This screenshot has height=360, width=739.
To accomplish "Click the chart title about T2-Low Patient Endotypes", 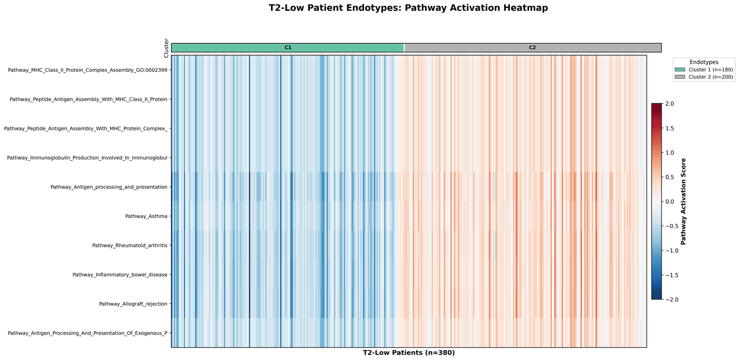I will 408,8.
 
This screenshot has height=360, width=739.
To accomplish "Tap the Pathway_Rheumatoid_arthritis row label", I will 130,245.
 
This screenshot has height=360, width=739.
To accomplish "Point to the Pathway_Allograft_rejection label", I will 133,304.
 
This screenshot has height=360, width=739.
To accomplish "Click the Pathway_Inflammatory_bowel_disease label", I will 120,274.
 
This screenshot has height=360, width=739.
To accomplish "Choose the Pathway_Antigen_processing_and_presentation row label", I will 109,187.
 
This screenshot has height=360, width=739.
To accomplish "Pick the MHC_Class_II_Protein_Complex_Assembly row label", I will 88,70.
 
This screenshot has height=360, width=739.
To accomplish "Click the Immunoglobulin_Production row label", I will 87,158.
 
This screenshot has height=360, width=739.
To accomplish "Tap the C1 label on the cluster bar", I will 288,48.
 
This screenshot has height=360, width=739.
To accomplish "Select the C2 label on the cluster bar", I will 533,48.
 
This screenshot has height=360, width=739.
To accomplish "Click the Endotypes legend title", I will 704,63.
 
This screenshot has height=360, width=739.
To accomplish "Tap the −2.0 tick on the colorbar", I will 670,299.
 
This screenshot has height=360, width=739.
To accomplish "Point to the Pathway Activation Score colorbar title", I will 683,201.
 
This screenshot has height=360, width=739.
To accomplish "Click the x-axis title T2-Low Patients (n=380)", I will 408,353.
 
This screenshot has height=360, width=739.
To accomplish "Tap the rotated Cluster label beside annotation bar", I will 167,48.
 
